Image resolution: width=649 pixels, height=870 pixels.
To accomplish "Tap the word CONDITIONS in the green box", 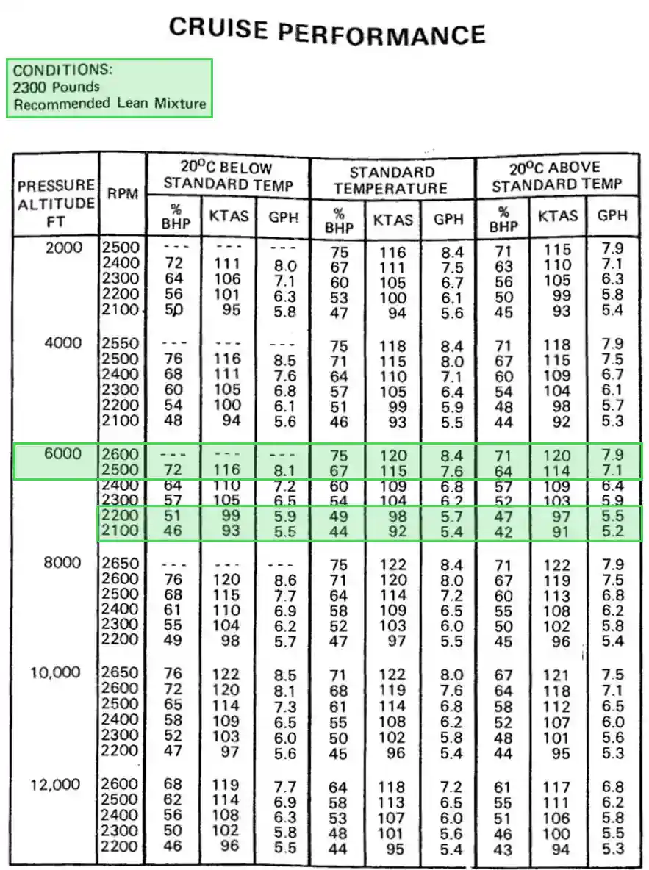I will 62,71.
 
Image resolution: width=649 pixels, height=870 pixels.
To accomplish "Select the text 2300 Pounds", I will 57,87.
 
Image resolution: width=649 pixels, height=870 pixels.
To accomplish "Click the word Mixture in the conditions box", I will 180,104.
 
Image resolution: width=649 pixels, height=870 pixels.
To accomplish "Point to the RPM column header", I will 122,194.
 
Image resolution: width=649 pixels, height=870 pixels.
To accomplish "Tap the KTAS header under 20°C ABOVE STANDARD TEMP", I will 558,216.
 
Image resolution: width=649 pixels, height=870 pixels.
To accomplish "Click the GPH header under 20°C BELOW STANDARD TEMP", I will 283,217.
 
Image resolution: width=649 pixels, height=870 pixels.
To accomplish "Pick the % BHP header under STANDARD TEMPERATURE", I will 339,220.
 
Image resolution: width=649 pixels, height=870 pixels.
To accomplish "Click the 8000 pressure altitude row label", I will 62,564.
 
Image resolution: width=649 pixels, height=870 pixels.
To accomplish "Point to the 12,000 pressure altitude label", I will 55,785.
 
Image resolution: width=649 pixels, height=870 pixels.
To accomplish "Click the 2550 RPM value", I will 120,343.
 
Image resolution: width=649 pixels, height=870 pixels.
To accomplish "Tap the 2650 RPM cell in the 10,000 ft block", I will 120,673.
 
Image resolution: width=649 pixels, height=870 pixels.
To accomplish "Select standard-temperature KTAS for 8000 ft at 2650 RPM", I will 393,565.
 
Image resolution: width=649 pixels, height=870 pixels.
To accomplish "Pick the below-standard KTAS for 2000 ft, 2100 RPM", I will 231,310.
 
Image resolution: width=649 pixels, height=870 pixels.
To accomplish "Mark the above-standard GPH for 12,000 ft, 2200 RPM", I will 612,849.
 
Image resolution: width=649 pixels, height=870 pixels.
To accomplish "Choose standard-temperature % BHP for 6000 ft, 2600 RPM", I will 338,456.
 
